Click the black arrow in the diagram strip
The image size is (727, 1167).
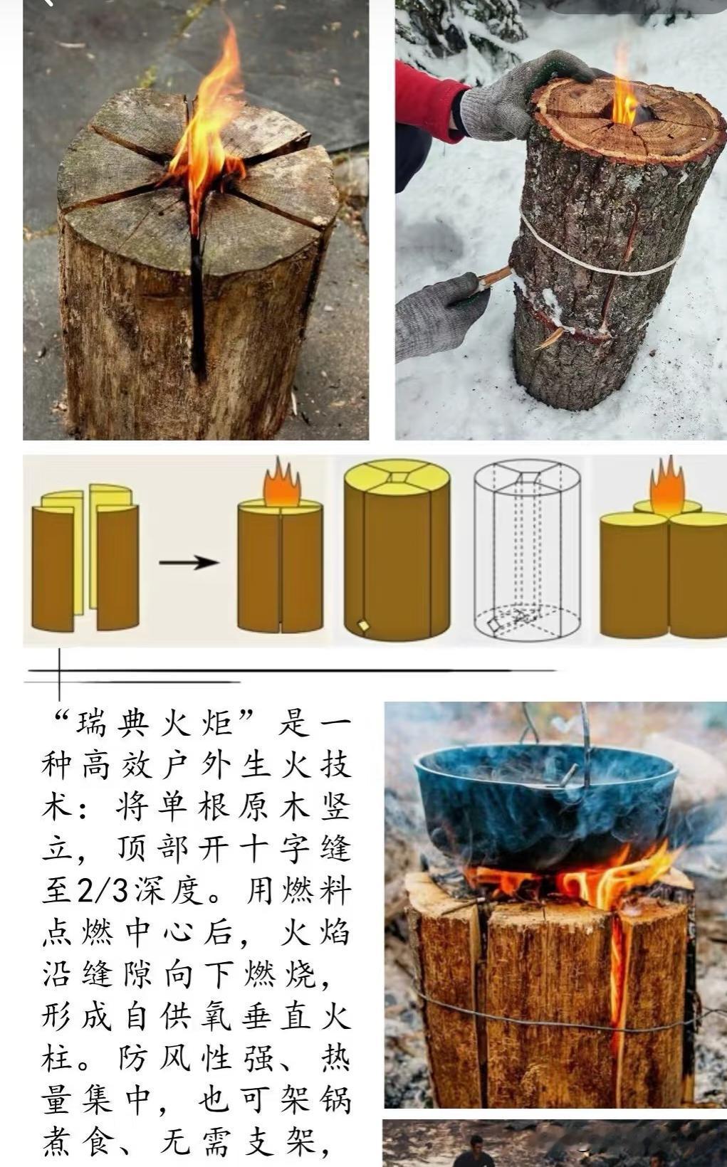coord(189,562)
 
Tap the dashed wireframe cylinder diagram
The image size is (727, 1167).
coord(527,549)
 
